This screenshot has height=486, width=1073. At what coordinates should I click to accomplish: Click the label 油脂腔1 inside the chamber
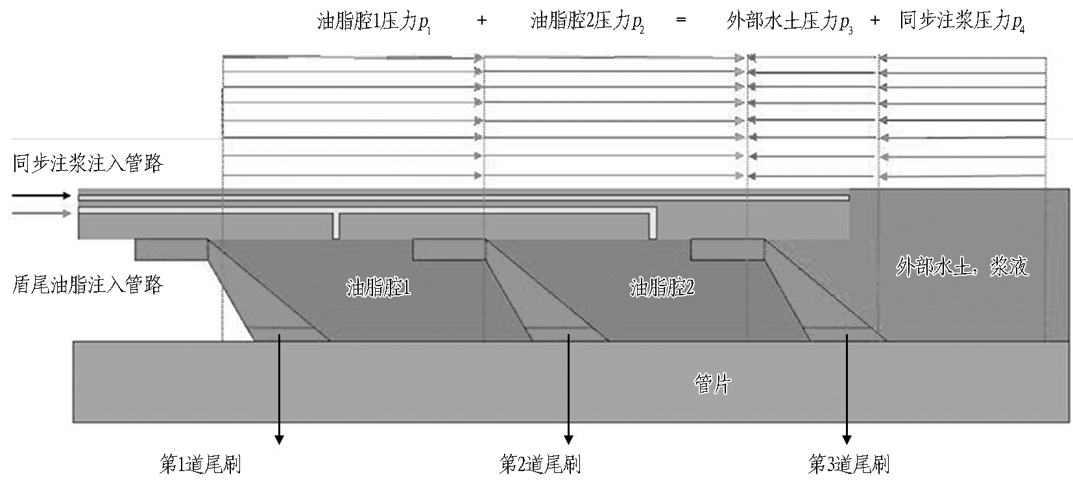(378, 287)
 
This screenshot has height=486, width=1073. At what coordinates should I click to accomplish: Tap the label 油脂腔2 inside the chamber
(662, 287)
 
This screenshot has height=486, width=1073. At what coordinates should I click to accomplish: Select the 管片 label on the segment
(712, 384)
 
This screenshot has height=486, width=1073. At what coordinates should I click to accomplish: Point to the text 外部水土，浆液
(962, 267)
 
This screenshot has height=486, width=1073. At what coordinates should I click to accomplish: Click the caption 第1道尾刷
(200, 464)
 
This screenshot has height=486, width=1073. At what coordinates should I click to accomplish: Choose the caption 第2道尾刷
(540, 464)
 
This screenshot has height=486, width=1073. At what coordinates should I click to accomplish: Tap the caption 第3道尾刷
(849, 464)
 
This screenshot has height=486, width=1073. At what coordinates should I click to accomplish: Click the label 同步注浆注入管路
(88, 163)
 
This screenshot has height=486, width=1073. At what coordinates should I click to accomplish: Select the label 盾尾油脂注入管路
(88, 285)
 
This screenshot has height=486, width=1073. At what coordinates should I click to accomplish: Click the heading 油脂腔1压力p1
(374, 22)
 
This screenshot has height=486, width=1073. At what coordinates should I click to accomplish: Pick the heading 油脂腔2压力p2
(587, 22)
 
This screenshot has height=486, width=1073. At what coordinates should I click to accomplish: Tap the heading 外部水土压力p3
(790, 22)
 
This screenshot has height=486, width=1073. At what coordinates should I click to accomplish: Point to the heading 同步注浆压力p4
(962, 22)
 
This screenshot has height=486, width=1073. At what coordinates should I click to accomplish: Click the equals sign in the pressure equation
(681, 19)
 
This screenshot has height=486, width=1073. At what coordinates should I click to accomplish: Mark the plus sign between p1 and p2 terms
(482, 20)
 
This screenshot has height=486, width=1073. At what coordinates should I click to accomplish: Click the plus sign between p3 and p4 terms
(874, 20)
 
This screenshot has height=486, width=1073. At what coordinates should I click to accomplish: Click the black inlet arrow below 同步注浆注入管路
(42, 195)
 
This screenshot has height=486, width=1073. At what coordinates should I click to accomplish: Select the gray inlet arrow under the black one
(42, 213)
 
